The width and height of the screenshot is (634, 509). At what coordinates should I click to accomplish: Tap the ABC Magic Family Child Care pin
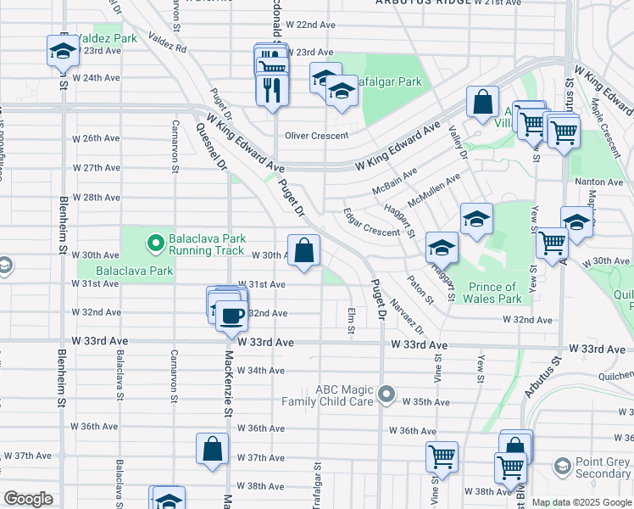pos(387,394)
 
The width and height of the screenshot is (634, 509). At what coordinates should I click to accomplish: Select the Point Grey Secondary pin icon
pos(562,467)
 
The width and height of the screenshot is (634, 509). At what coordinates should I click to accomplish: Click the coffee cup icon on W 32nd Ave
pos(231,316)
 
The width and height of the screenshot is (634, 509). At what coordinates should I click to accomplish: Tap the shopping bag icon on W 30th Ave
pos(303,251)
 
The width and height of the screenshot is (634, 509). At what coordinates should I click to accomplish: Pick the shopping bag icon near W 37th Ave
pos(213,449)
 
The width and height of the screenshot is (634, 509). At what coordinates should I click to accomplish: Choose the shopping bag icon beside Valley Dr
pos(482,103)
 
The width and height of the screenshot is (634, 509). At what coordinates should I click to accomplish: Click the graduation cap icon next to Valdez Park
pos(63,51)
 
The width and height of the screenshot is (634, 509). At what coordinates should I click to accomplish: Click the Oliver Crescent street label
pos(316,136)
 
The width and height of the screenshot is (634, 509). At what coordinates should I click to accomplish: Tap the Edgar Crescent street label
pos(370,224)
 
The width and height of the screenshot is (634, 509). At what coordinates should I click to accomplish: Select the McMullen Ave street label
pos(433,190)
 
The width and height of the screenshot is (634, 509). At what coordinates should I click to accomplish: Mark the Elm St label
pos(350,320)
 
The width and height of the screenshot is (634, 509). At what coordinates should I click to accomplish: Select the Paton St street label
pos(420,289)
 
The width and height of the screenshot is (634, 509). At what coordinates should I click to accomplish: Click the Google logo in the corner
pos(28,499)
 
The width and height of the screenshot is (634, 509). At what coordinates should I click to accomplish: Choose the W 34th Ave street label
pos(261,371)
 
